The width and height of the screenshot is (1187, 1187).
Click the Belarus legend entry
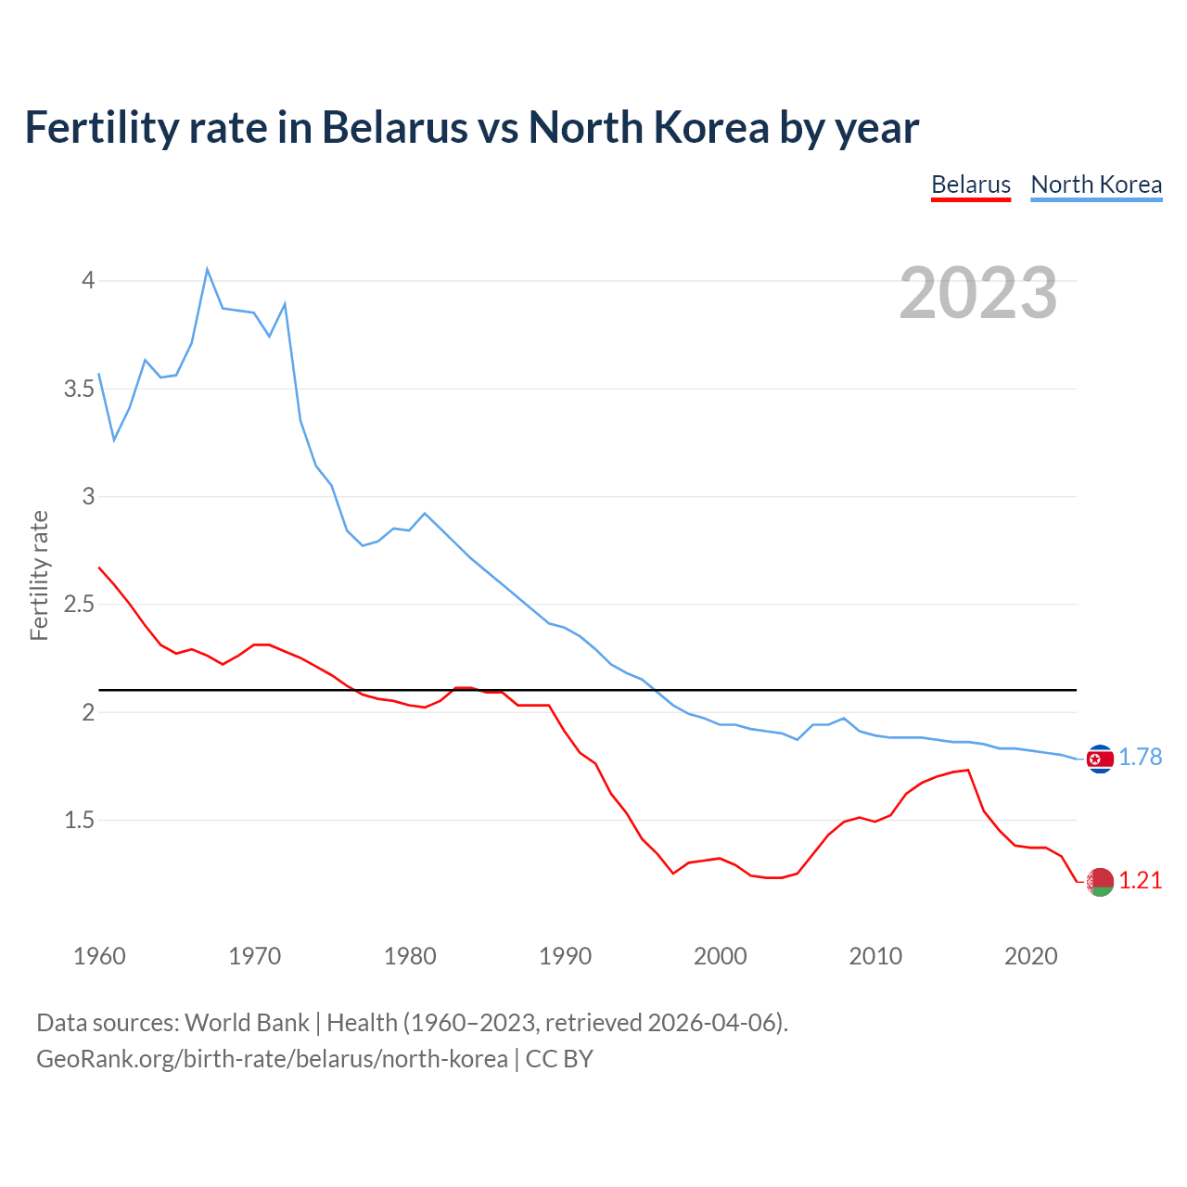(x=970, y=185)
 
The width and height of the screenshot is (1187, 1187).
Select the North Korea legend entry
(x=1096, y=185)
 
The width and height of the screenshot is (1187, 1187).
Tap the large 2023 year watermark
(x=978, y=293)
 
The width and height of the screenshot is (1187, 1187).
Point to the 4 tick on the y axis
(x=88, y=280)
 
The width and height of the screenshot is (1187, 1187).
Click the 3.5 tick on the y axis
(x=80, y=389)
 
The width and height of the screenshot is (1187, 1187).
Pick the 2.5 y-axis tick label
(x=80, y=605)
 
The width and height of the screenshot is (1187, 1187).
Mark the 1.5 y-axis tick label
(x=80, y=821)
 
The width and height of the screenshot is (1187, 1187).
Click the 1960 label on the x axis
(x=99, y=956)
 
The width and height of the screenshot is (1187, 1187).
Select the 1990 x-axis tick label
(x=565, y=956)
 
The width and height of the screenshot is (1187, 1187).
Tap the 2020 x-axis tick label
(x=1030, y=956)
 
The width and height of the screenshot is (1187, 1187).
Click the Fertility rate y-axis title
(x=39, y=575)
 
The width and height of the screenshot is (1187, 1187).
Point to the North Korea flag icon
(x=1100, y=759)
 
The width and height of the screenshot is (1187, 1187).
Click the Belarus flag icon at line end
(x=1100, y=882)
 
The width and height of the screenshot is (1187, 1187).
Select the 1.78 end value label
(x=1140, y=758)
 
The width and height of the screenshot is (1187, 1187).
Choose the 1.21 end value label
(x=1140, y=881)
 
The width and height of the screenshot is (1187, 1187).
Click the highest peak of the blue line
(x=207, y=270)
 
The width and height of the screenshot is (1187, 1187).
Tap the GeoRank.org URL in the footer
(x=272, y=1059)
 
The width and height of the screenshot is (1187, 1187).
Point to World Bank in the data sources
(x=247, y=1023)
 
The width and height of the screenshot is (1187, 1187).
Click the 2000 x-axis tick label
(x=720, y=956)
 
